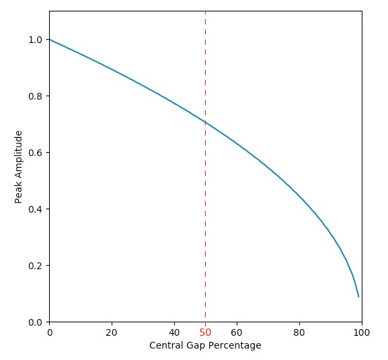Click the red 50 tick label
[205, 332]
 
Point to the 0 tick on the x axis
[49, 332]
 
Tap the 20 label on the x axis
[112, 332]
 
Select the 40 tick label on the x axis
[174, 332]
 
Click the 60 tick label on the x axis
[237, 332]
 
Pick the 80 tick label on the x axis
[299, 332]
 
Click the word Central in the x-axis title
[165, 345]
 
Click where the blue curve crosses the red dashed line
[205, 122]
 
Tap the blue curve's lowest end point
[358, 297]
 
